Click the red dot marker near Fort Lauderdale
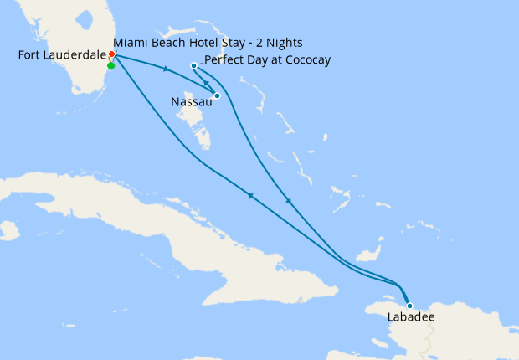coord(111,55)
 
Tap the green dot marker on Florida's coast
coord(110,65)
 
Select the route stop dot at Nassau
coord(217,95)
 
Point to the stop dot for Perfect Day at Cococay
coord(193,65)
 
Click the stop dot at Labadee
coord(409,306)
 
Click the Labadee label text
coord(410,318)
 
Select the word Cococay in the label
coord(304,60)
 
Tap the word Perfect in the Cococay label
coord(224,60)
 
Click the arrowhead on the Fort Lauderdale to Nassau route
coord(167,69)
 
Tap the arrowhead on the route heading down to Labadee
coord(289,201)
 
